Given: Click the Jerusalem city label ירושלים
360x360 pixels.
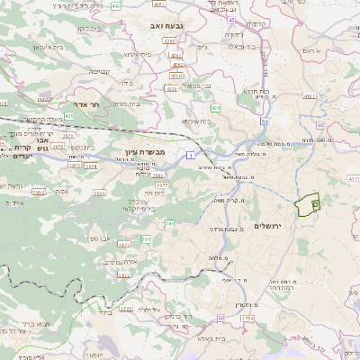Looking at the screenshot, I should [269, 225].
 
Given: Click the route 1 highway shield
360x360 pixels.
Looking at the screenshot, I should [191, 156].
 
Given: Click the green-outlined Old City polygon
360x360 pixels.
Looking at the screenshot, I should [310, 204].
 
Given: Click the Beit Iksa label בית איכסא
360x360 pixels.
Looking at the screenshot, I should [197, 120].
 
